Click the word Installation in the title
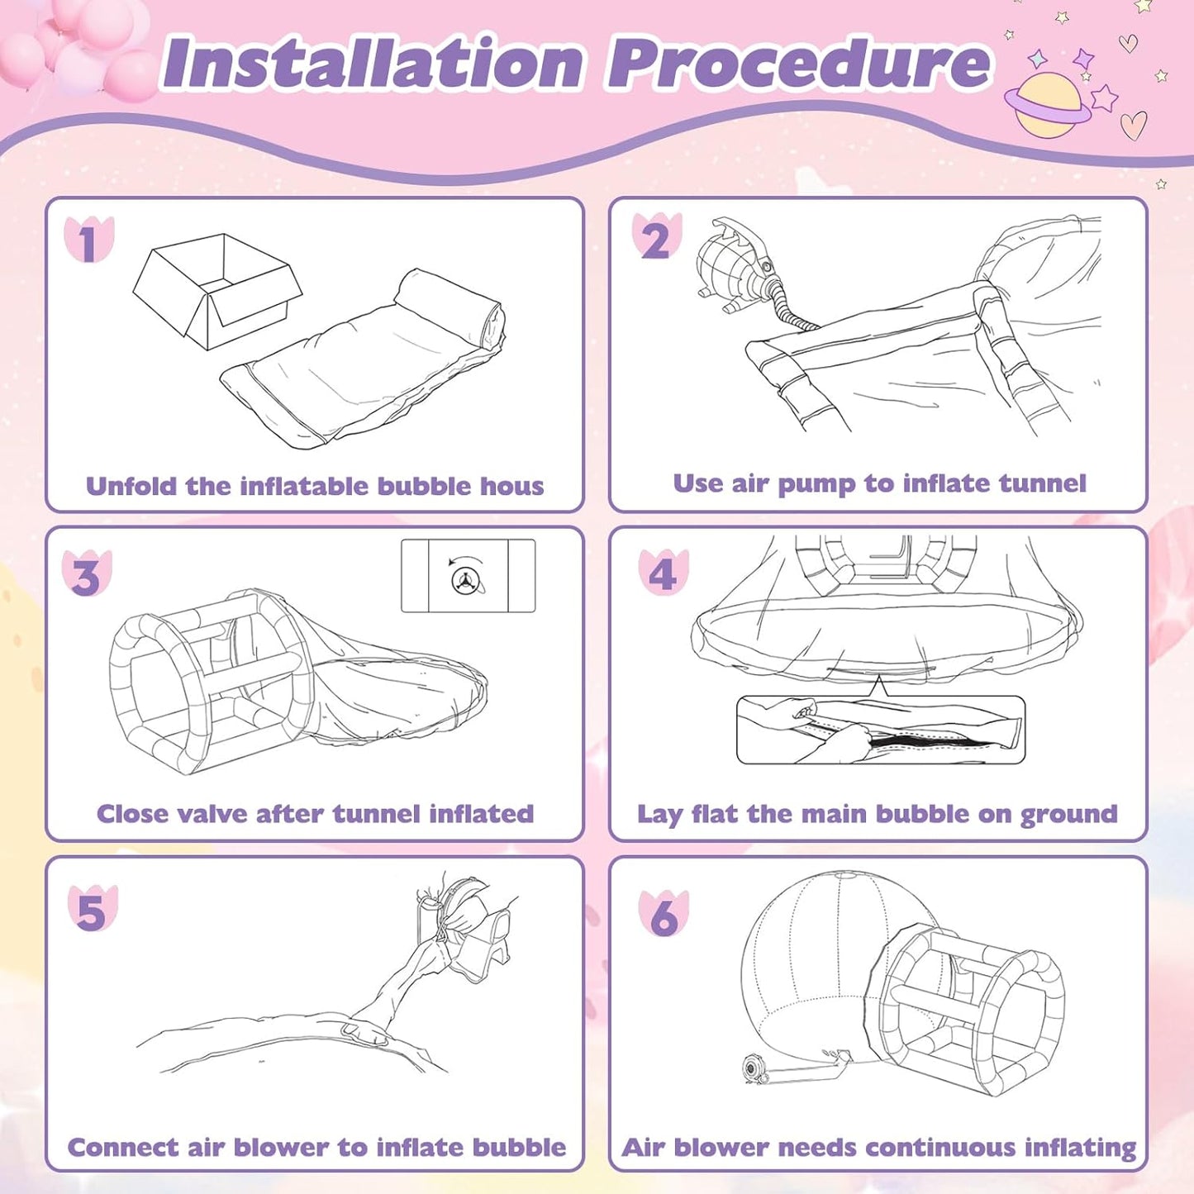click(373, 63)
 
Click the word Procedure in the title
click(798, 63)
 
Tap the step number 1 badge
click(88, 239)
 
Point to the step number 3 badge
click(87, 573)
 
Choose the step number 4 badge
click(663, 572)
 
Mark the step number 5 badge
click(93, 908)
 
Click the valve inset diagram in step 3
click(468, 576)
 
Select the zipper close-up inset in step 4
click(881, 730)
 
